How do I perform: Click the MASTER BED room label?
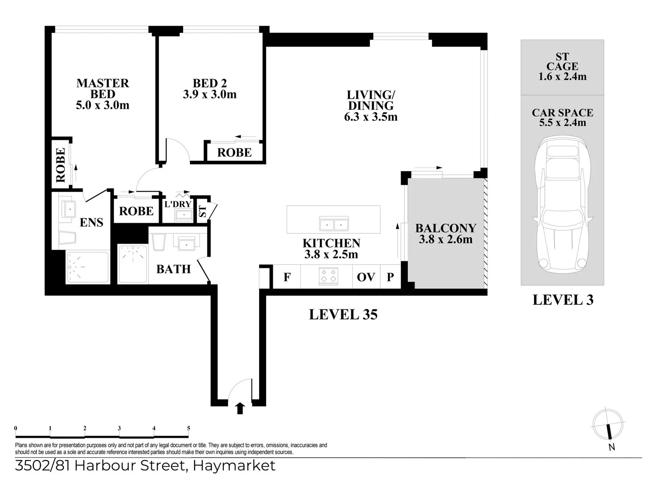[x=103, y=88]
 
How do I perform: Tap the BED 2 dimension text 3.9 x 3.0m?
[x=210, y=95]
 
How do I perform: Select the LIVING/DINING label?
[x=371, y=100]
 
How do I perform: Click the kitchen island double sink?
[x=335, y=224]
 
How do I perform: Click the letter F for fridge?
[x=287, y=277]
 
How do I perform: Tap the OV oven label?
[x=366, y=277]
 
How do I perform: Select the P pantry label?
[x=390, y=277]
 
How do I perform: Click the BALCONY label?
[x=446, y=228]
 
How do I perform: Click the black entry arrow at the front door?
[x=240, y=408]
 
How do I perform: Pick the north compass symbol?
[x=608, y=424]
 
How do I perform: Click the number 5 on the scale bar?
[x=188, y=428]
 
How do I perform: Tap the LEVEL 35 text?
[x=343, y=315]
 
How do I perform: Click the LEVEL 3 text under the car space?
[x=563, y=300]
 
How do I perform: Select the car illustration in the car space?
[x=562, y=204]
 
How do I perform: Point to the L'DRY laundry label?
[x=178, y=204]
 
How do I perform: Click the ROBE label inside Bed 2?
[x=234, y=152]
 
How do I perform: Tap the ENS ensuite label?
[x=91, y=222]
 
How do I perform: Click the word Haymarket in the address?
[x=234, y=466]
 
